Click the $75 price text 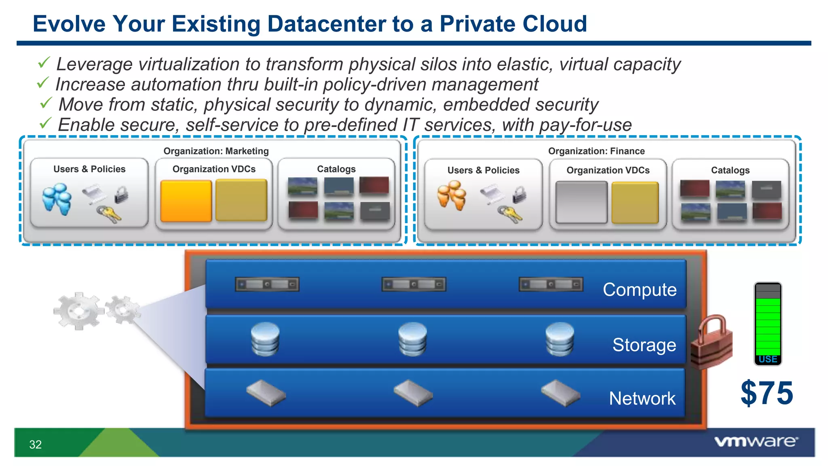[x=767, y=393]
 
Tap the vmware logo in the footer [x=756, y=441]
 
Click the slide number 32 [x=36, y=445]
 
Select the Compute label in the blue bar [x=639, y=290]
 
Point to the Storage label [x=644, y=345]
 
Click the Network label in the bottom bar [x=642, y=398]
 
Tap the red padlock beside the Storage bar [x=712, y=342]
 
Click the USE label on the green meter [x=768, y=359]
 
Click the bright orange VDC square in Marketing [x=186, y=201]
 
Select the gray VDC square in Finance [x=581, y=202]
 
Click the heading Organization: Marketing [x=216, y=151]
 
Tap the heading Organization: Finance [x=596, y=151]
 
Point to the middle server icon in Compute [x=414, y=284]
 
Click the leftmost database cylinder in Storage [x=265, y=339]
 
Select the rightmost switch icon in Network [x=560, y=392]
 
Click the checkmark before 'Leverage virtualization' [x=44, y=63]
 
